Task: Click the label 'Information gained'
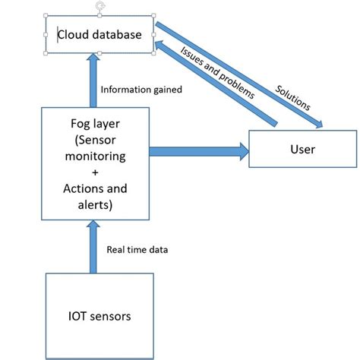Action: point(141,90)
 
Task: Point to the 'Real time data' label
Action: point(137,249)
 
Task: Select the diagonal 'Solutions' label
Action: point(293,97)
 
